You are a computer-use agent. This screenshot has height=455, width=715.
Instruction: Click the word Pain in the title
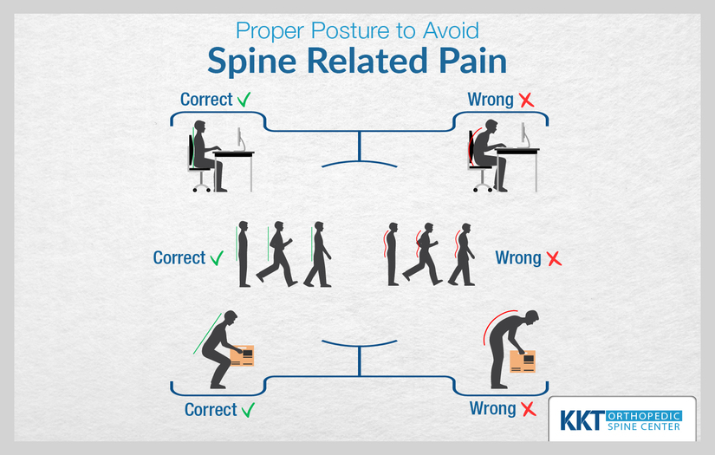[469, 64]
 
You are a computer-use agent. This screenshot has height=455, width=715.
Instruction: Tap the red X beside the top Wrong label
[525, 100]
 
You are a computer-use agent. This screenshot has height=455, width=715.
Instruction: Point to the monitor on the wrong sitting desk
[523, 134]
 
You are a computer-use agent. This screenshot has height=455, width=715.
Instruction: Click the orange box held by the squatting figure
[242, 356]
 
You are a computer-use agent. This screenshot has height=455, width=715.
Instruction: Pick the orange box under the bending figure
[522, 361]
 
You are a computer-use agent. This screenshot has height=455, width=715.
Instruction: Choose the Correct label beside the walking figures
[179, 258]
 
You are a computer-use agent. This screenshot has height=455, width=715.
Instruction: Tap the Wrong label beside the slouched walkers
[517, 258]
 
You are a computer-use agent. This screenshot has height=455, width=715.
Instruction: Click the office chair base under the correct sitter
[201, 185]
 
